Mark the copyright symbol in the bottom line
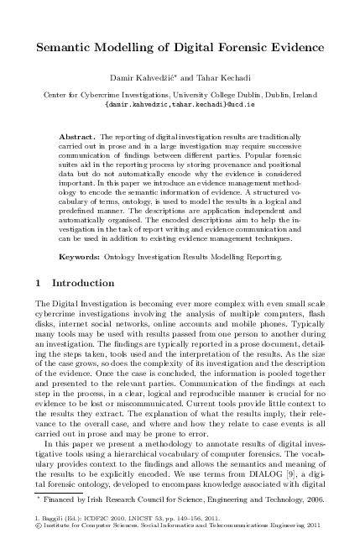(36, 541)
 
